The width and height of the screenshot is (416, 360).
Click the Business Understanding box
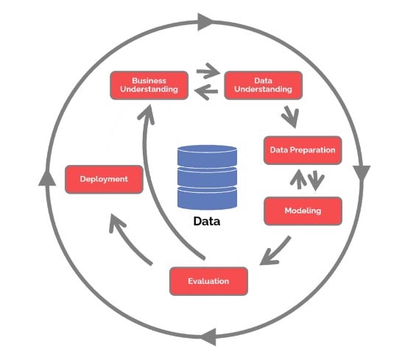149,85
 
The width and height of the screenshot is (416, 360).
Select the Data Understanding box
263,85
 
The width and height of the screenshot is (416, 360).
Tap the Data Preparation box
303,150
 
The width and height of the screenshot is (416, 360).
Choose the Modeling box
303,211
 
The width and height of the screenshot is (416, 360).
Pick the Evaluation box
208,281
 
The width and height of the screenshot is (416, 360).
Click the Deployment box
104,180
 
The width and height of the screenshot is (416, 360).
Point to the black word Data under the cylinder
207,222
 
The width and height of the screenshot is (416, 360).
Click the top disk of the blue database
207,156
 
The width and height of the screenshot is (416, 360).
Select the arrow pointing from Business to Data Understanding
208,71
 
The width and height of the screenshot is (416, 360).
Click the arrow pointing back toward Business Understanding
206,92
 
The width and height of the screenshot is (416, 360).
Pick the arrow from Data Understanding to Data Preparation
291,117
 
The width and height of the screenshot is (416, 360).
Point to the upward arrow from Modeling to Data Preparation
298,180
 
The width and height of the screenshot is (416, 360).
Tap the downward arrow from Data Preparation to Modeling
316,180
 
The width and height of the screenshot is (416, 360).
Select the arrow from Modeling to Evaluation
276,252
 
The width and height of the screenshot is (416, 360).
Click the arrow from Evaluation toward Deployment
127,240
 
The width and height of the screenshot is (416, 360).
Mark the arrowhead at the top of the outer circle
205,21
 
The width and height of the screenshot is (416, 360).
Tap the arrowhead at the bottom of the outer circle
208,337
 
